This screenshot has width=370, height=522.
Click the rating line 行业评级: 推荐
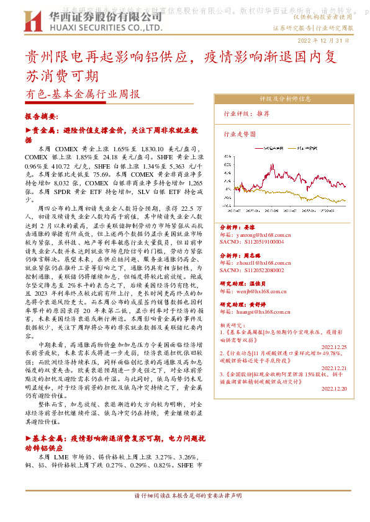tap(246, 114)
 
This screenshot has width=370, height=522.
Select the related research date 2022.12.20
tap(335, 389)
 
